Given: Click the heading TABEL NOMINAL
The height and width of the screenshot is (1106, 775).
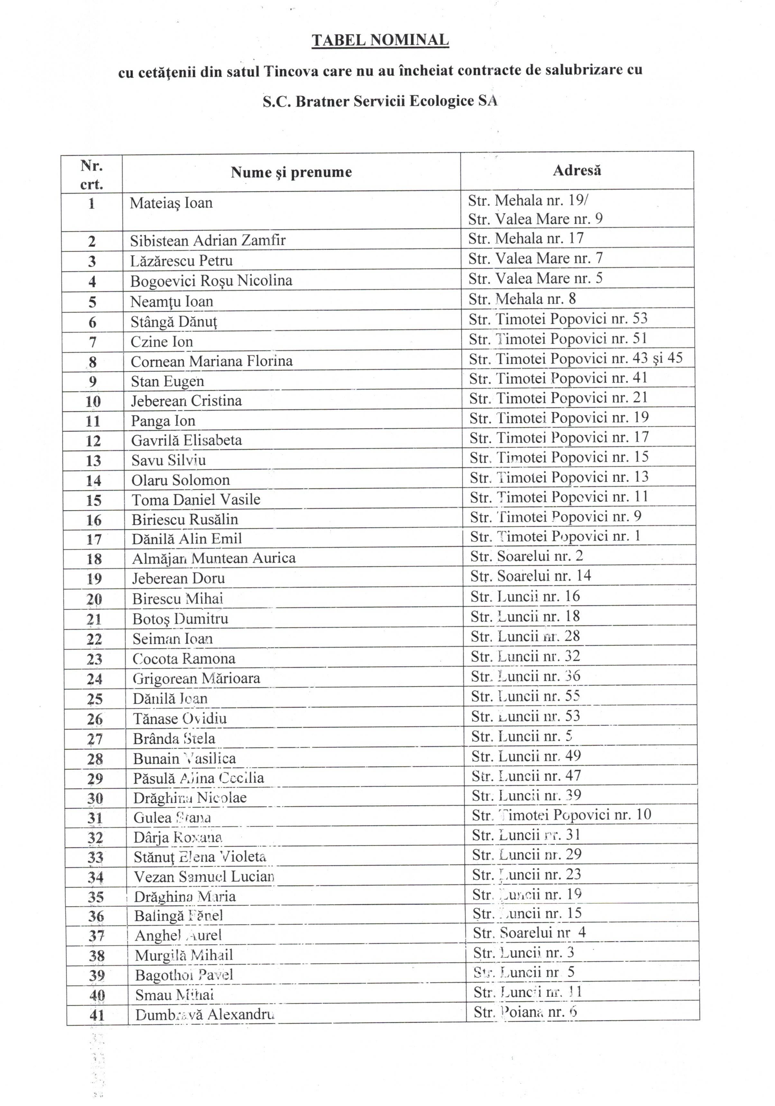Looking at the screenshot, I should point(380,40).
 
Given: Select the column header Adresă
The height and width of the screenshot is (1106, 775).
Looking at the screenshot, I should point(577,171).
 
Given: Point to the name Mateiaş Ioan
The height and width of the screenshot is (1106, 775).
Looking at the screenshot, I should point(171,203).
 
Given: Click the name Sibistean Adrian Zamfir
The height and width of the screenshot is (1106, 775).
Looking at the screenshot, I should point(208,240).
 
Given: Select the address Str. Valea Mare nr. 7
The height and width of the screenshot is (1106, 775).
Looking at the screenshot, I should point(535,259).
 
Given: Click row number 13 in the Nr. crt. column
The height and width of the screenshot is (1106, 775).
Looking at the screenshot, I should point(93,460).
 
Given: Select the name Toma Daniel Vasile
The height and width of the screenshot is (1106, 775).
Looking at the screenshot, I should point(196,499).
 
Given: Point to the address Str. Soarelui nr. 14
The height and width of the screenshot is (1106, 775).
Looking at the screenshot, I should point(530,576).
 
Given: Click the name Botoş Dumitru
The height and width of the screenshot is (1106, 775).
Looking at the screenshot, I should point(180,618).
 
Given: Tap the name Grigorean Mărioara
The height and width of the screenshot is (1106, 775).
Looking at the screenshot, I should point(196,679).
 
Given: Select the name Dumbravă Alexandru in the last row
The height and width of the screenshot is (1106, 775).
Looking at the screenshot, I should point(204,1015).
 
